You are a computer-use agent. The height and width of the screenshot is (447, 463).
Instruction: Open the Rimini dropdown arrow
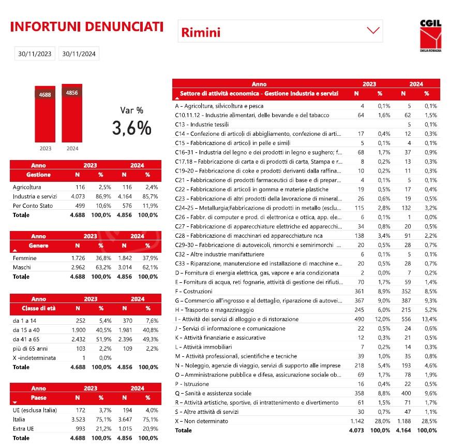373,31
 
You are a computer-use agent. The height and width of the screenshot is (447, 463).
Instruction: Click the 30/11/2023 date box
35,53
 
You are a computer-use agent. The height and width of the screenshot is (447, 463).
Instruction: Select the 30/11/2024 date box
79,53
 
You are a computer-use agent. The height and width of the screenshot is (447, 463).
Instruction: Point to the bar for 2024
72,112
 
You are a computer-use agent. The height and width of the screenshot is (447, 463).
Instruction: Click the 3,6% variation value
132,127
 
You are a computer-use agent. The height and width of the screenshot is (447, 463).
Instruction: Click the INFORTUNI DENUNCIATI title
87,26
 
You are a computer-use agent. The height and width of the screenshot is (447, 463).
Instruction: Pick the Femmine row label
24,258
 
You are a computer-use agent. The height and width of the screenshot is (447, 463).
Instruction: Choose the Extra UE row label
24,429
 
